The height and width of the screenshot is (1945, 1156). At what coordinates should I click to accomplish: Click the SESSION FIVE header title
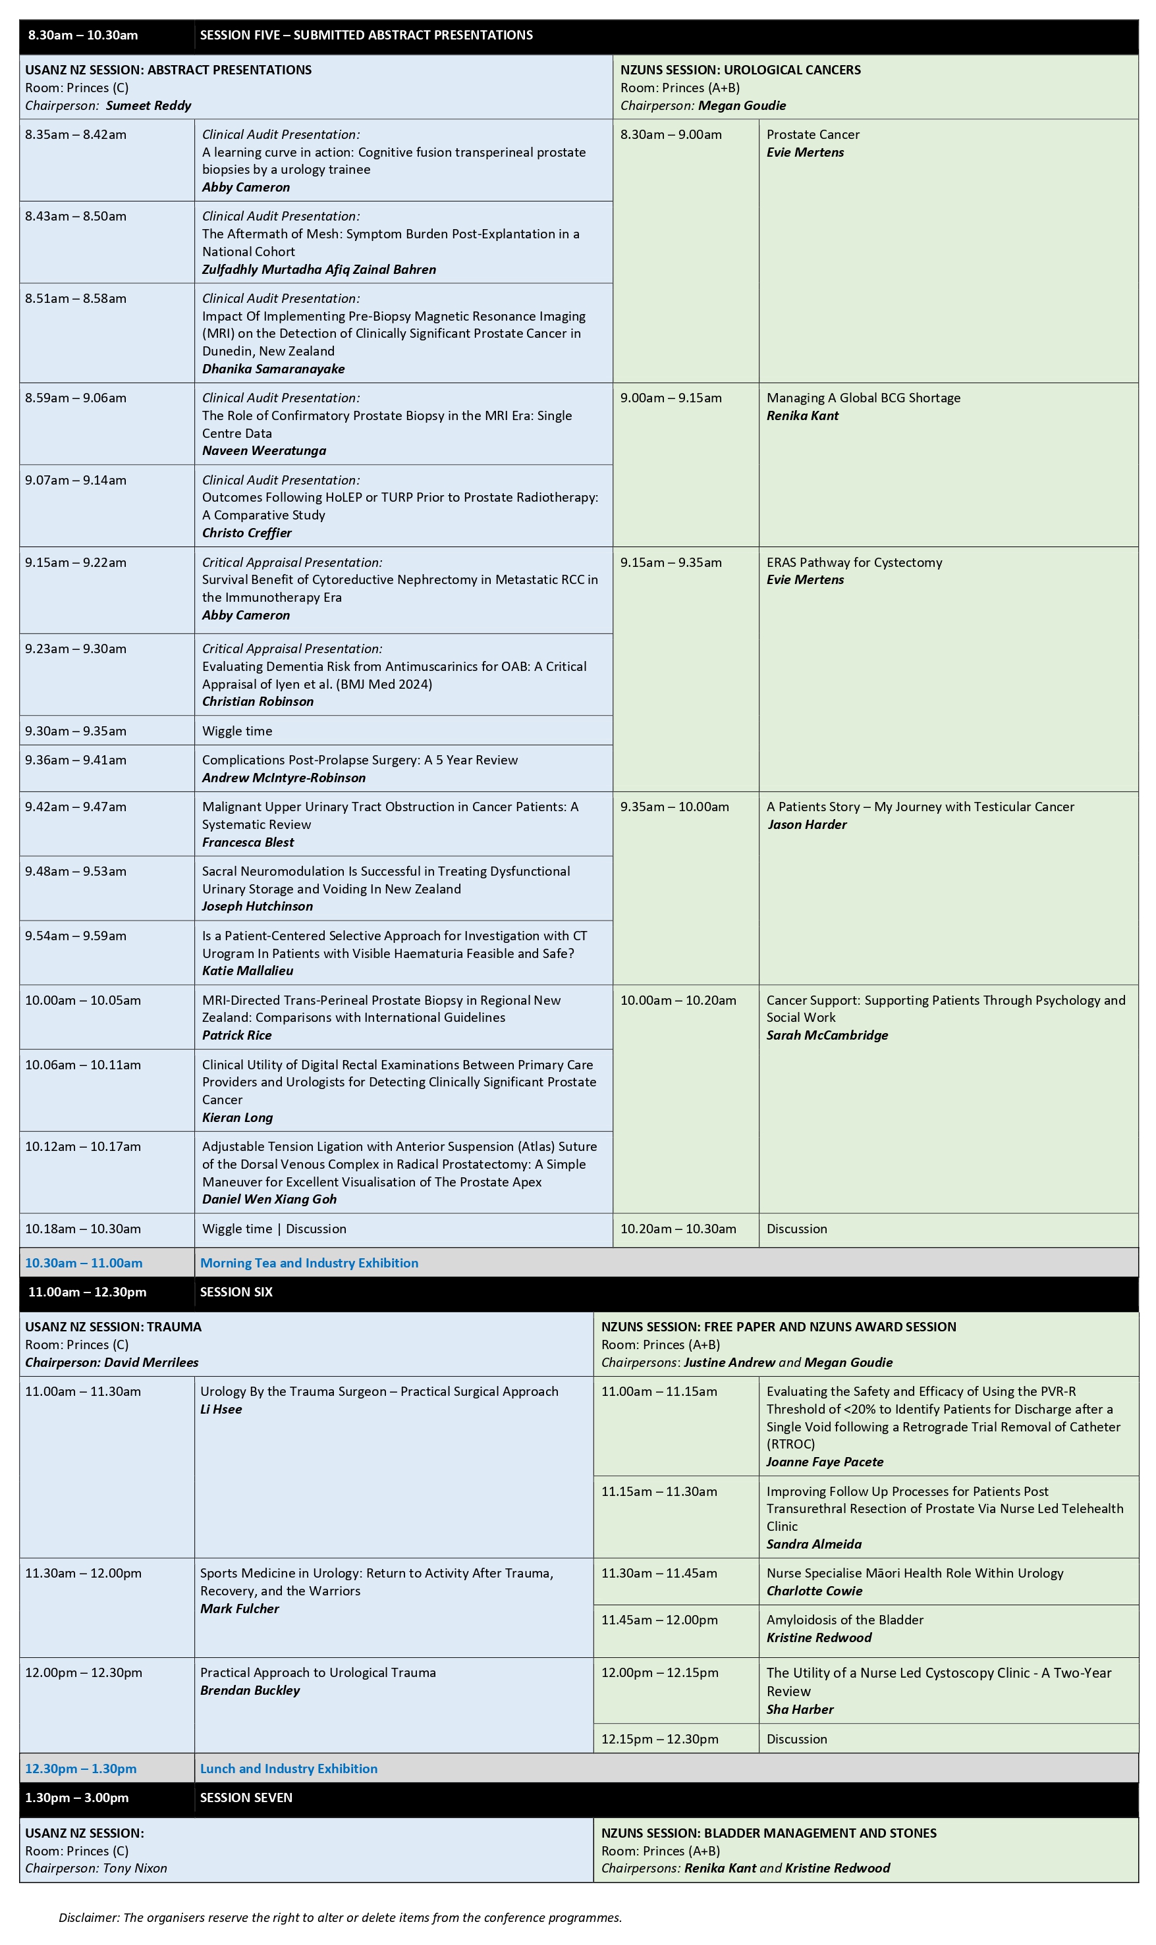click(x=366, y=35)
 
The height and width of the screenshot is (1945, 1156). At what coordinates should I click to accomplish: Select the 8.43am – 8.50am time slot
click(x=76, y=217)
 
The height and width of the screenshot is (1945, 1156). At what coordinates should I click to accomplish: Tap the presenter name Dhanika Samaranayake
click(x=273, y=369)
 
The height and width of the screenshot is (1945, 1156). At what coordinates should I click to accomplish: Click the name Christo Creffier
click(x=246, y=533)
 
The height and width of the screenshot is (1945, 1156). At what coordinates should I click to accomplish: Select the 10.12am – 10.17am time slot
click(x=82, y=1146)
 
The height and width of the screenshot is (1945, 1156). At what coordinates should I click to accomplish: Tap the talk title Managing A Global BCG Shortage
click(x=863, y=398)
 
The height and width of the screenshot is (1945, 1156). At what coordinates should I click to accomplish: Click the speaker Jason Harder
click(x=806, y=824)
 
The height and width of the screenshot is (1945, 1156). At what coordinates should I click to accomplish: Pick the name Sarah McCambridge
click(x=827, y=1035)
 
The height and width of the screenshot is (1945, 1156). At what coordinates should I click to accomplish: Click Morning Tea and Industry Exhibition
click(x=308, y=1263)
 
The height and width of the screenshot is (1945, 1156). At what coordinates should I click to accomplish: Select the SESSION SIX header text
click(x=236, y=1292)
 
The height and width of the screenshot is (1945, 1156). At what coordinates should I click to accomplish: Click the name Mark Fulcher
click(x=239, y=1609)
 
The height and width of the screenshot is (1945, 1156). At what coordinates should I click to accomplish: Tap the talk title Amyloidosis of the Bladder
click(x=844, y=1620)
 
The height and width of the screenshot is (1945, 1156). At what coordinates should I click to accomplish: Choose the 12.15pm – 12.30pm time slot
click(x=659, y=1739)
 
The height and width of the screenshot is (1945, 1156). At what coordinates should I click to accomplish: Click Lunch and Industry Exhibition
click(x=289, y=1769)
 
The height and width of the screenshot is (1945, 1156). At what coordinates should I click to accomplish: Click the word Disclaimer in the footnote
click(x=88, y=1918)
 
